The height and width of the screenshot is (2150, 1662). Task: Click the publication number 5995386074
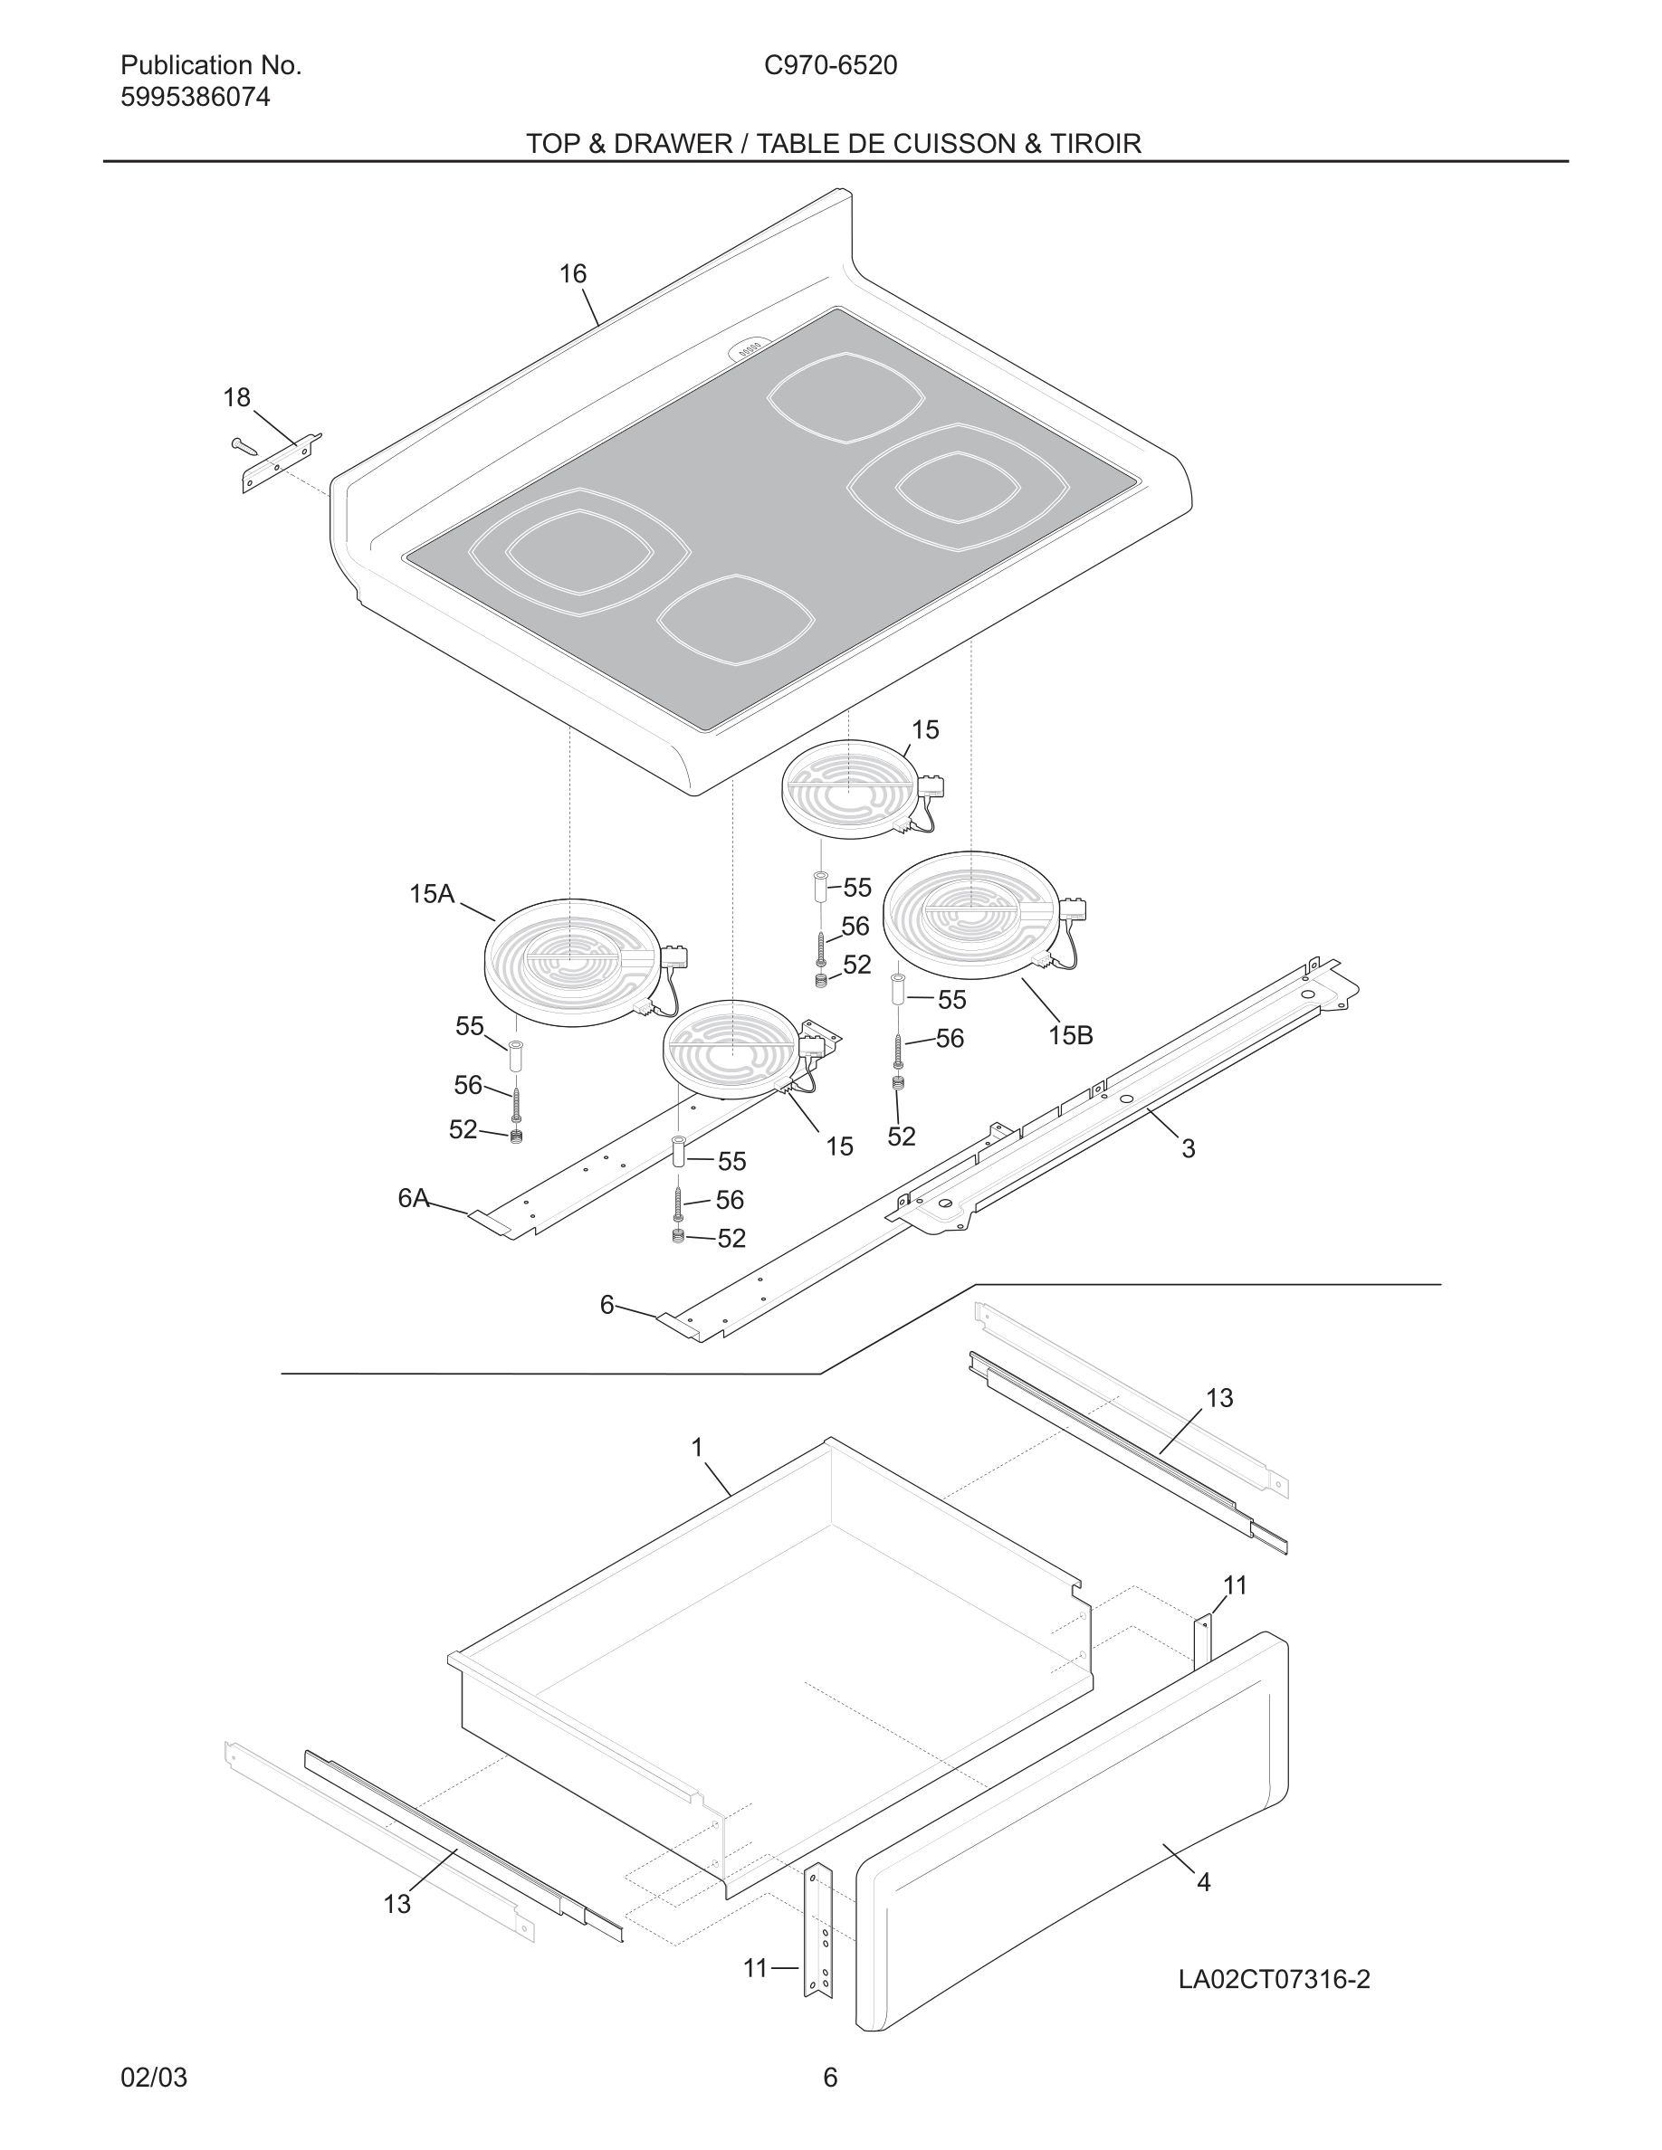tap(195, 98)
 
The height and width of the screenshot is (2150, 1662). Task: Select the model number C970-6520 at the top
tap(830, 65)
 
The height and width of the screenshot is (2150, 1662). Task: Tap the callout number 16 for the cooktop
tap(573, 273)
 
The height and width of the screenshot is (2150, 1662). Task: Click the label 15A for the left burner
tap(431, 894)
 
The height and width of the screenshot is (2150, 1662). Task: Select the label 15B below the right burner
tap(1070, 1034)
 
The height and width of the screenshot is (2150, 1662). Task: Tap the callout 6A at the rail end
tap(414, 1198)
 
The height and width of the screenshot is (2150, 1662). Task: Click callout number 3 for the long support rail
tap(1189, 1148)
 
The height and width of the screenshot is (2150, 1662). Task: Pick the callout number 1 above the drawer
tap(697, 1447)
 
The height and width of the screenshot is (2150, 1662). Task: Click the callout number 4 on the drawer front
tap(1203, 1882)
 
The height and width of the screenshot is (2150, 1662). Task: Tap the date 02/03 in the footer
tap(154, 2077)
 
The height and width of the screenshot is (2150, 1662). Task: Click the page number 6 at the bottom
tap(830, 2077)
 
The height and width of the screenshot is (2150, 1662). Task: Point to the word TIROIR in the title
tap(1094, 144)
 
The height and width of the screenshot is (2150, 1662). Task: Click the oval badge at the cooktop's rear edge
tap(750, 349)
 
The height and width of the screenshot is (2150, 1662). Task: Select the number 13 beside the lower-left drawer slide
tap(396, 1904)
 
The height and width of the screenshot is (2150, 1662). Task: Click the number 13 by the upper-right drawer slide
tap(1219, 1398)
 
